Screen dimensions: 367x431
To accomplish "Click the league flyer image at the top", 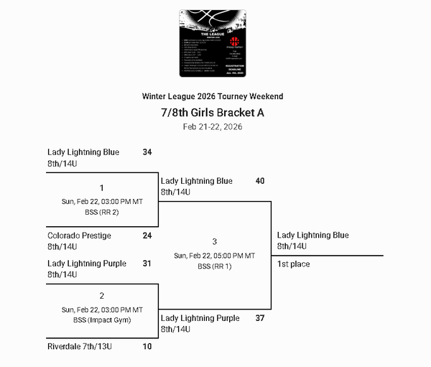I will point(213,43).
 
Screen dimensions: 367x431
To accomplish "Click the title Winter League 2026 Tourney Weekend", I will point(213,96).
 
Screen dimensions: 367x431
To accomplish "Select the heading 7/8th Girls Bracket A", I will point(213,112).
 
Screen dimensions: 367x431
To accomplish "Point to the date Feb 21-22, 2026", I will point(213,126).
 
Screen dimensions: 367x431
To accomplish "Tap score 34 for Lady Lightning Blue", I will point(147,152).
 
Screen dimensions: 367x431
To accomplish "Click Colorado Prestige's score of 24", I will point(147,236).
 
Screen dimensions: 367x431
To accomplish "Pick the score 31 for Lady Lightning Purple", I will point(147,264).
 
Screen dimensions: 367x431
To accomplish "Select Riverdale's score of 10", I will point(147,347).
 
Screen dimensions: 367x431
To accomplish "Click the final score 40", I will point(260,181).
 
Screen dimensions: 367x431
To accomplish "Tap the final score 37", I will point(260,318).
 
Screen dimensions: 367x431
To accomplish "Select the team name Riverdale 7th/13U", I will point(80,347).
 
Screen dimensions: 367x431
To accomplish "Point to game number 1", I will point(101,188).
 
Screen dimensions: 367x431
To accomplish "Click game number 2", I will point(101,296).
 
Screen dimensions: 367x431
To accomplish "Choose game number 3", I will point(215,242).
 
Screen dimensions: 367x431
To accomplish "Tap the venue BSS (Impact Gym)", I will point(101,320).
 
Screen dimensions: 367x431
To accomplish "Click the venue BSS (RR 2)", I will point(101,213).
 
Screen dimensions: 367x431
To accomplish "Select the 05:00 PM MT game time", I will point(215,256).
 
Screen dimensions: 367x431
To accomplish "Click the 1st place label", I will point(294,264).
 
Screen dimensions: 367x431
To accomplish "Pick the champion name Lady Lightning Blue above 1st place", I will point(313,236).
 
